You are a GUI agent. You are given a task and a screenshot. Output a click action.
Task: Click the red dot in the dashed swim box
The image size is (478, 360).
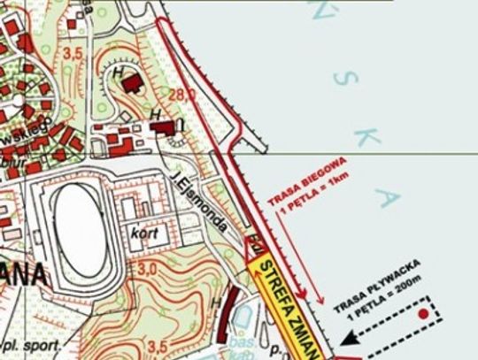(425, 313)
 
